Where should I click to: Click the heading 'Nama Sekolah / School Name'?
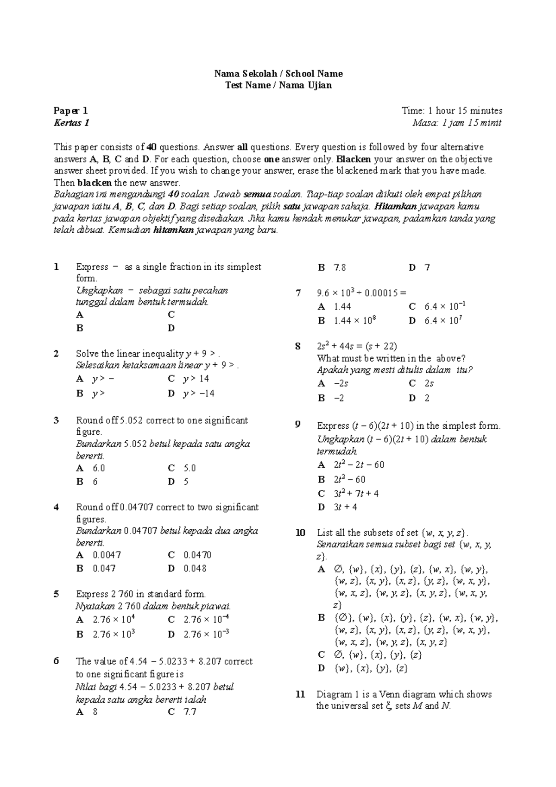tap(278, 73)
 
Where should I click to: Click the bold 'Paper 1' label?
tap(70, 111)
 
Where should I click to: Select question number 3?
tap(56, 420)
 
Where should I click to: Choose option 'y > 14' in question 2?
tap(196, 379)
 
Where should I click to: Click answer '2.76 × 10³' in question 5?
tap(114, 634)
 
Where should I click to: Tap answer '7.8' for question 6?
tap(339, 267)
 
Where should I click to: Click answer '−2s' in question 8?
tap(341, 383)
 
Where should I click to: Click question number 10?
tap(300, 533)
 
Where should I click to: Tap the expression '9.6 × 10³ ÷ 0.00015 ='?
tap(361, 293)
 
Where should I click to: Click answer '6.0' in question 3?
tap(99, 468)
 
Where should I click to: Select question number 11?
tap(300, 694)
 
